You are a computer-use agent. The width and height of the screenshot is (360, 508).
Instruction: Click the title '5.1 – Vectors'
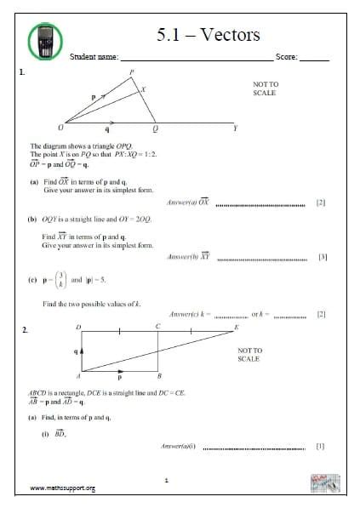point(209,35)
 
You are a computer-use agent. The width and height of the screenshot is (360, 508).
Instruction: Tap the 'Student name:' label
point(94,58)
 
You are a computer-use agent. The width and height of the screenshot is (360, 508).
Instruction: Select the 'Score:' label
point(286,58)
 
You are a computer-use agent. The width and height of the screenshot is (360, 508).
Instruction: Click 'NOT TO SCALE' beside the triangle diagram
point(266,89)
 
